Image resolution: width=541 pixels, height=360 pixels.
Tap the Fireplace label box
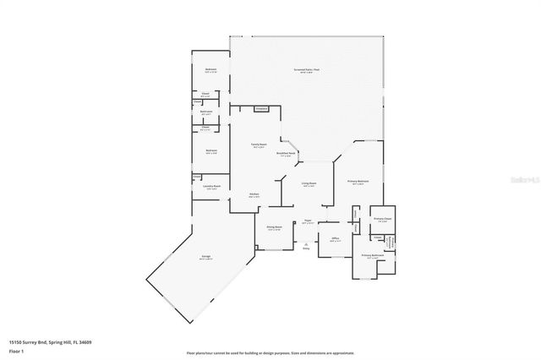click(x=261, y=108)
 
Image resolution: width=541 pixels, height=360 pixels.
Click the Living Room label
click(x=309, y=183)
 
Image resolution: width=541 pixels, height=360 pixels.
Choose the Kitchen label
click(x=253, y=195)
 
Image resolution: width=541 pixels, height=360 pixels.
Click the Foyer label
click(x=309, y=222)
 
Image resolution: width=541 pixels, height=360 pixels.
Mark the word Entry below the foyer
click(x=306, y=249)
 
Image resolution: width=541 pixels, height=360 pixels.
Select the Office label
click(x=335, y=240)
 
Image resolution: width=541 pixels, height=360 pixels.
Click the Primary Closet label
click(x=382, y=219)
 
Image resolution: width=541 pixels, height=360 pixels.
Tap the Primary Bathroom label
click(x=373, y=255)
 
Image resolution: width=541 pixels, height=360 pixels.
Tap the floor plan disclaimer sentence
click(x=270, y=352)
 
